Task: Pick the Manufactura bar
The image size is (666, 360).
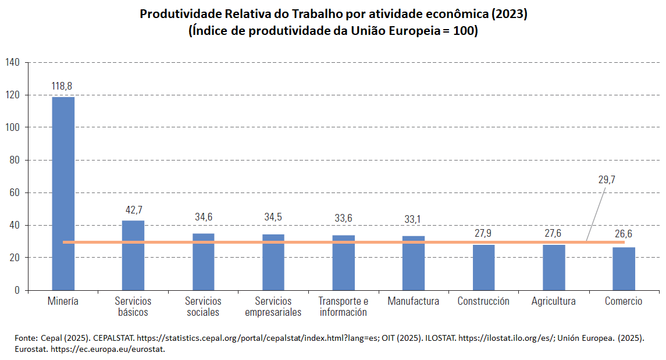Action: click(x=414, y=268)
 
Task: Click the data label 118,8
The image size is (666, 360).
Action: click(x=62, y=86)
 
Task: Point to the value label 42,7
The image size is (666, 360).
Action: click(x=133, y=209)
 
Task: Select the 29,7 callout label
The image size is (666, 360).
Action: click(x=606, y=180)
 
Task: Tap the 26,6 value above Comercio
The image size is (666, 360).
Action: click(x=624, y=234)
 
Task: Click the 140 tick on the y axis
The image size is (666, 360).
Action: click(x=12, y=62)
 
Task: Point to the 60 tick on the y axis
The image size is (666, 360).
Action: click(x=15, y=193)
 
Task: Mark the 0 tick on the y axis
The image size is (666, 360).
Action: click(x=17, y=290)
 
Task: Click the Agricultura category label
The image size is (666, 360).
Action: click(x=553, y=301)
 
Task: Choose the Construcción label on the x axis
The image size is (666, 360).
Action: click(x=483, y=301)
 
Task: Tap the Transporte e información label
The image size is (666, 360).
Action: click(x=343, y=306)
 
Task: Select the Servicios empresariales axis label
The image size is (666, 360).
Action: click(x=273, y=306)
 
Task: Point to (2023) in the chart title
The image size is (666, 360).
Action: click(x=507, y=14)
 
